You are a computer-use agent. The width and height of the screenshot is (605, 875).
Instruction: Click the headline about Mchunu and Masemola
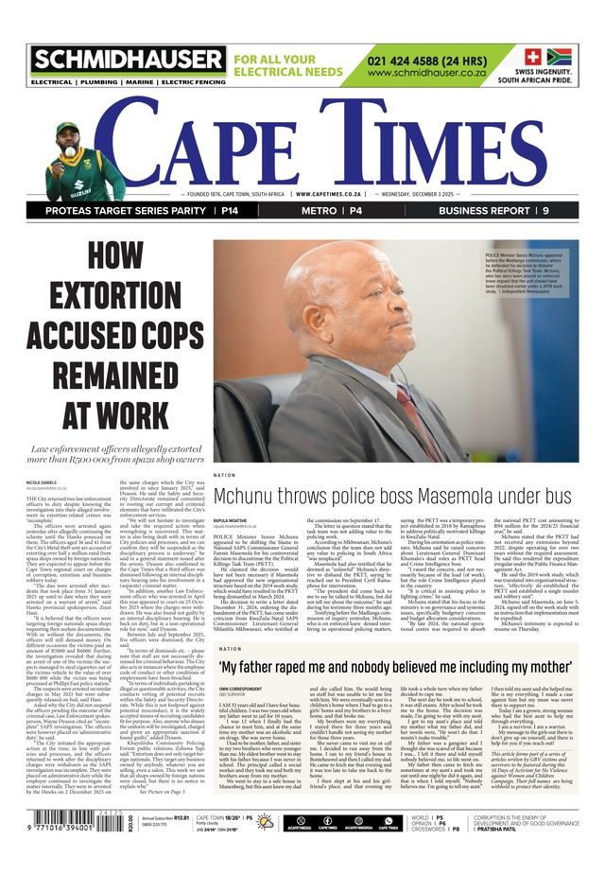click(394, 498)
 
